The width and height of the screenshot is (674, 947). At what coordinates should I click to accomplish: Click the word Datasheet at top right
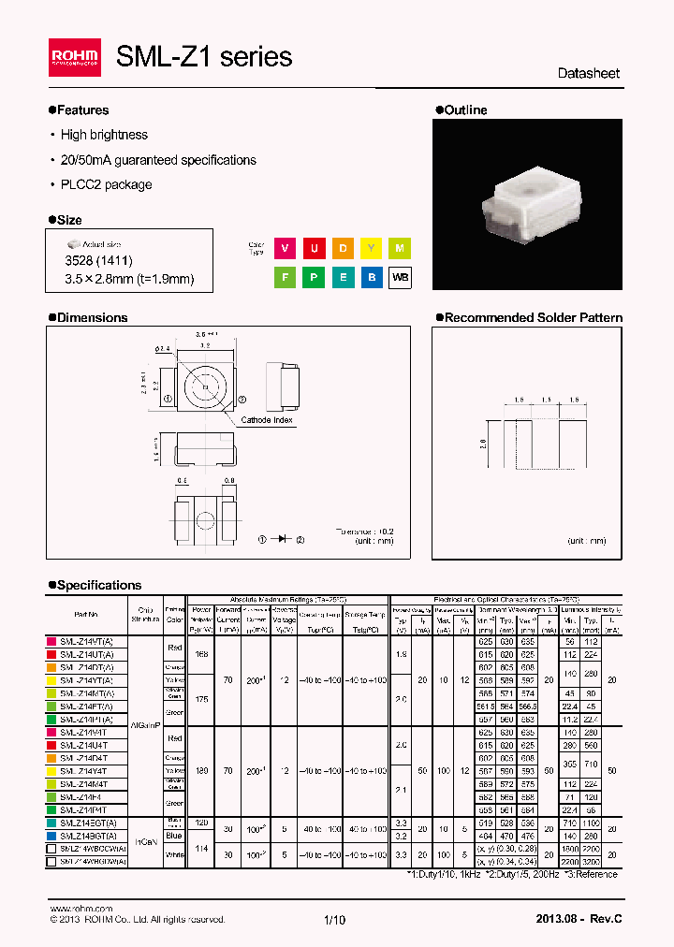[588, 73]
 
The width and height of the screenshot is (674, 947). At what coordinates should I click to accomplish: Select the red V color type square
[284, 248]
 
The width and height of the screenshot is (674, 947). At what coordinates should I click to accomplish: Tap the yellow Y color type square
[371, 248]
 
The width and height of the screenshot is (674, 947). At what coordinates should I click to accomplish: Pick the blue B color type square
[371, 278]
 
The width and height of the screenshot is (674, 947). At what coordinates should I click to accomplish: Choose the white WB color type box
[400, 278]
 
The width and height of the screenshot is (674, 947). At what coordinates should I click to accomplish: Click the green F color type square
[284, 278]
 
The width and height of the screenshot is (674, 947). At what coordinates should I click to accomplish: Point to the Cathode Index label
[267, 420]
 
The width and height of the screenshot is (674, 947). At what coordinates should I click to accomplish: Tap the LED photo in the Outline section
[528, 204]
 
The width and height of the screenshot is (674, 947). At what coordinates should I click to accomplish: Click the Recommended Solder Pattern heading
[532, 318]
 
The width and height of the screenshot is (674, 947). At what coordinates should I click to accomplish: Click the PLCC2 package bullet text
[106, 184]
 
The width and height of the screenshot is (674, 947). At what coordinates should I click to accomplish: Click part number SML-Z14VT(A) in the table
[86, 642]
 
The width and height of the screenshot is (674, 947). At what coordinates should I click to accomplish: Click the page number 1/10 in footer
[334, 920]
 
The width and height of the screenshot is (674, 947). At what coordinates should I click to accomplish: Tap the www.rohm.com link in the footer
[81, 909]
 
